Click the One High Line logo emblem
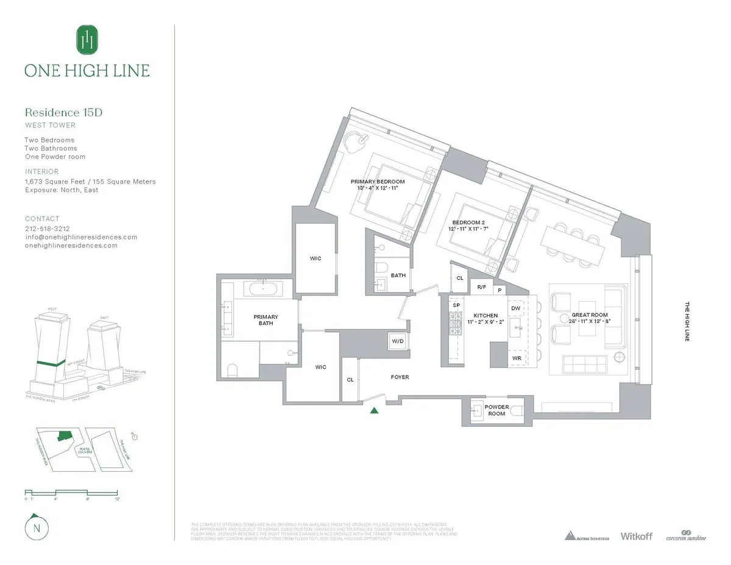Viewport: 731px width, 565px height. click(87, 40)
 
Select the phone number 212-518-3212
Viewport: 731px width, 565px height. click(48, 229)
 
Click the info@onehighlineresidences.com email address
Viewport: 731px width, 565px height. click(81, 237)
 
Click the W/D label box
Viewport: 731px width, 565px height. click(398, 341)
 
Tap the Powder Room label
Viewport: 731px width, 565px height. click(496, 410)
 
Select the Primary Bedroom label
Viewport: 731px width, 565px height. click(378, 182)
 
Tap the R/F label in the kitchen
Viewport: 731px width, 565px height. click(481, 286)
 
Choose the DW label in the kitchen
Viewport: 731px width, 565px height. click(516, 308)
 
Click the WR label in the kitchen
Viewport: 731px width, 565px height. click(517, 358)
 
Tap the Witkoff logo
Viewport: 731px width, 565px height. click(636, 536)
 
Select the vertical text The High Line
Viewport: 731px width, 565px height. click(687, 321)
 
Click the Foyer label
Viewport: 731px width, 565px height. click(400, 377)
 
